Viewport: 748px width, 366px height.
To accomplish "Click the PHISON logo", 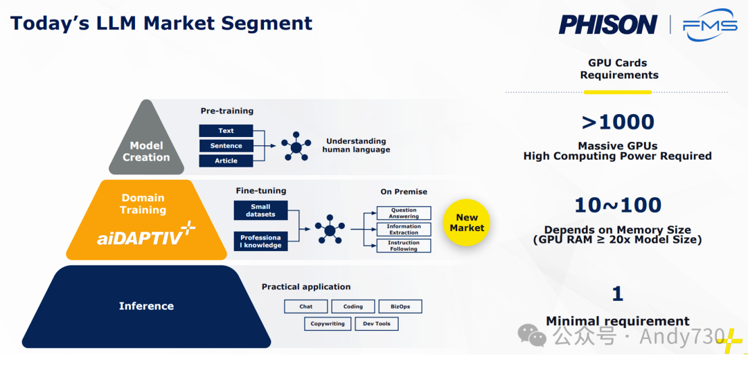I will click(x=607, y=25).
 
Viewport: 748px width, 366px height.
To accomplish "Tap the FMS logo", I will click(x=709, y=26).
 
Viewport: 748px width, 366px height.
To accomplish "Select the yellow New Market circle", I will click(x=467, y=222).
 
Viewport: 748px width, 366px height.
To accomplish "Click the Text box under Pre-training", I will click(x=226, y=131).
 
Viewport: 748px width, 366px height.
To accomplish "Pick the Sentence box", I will click(x=226, y=146).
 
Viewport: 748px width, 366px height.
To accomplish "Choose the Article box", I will click(x=226, y=161).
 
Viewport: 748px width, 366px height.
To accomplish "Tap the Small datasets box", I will click(x=260, y=210).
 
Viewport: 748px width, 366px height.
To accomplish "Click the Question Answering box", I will click(x=404, y=213).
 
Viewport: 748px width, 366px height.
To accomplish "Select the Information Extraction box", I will click(x=404, y=229).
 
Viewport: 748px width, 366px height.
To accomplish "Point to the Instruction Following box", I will click(x=404, y=246).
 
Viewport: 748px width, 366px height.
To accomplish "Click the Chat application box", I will click(x=305, y=306).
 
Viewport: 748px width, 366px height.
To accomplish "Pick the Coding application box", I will click(x=353, y=306).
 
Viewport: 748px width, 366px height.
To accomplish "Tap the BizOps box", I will click(x=400, y=306).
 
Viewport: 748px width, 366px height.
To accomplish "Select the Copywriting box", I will click(x=328, y=324).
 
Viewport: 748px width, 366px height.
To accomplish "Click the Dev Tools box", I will click(x=377, y=324).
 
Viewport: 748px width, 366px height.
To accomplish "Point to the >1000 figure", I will click(x=618, y=122).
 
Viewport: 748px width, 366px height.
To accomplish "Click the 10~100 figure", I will click(x=618, y=205).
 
